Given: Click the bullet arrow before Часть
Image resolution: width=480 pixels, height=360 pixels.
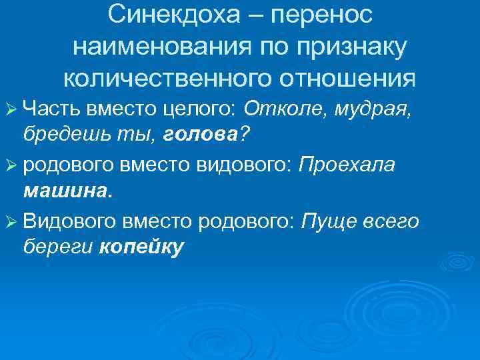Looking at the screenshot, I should [12, 108].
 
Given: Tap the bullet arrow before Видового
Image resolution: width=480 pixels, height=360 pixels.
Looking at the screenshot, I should [12, 222].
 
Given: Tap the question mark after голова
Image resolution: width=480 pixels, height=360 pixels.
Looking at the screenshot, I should [244, 136].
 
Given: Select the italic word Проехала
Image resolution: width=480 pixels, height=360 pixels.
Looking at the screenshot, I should [347, 165].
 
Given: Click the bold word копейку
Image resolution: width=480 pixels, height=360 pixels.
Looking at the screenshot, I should [140, 249].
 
